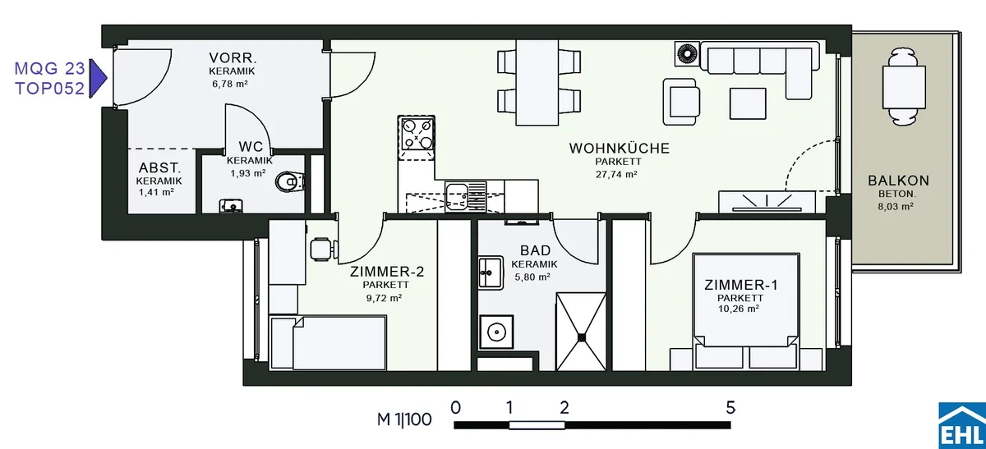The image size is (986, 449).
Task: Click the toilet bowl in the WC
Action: (x=290, y=181)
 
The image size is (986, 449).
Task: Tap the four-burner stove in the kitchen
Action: (x=416, y=135)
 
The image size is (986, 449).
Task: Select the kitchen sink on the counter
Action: (x=465, y=196)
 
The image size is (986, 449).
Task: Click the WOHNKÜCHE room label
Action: (x=620, y=149)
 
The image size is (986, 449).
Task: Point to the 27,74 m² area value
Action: (x=616, y=174)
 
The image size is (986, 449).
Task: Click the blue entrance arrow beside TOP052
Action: (x=98, y=78)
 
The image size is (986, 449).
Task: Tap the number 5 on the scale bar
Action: (x=730, y=408)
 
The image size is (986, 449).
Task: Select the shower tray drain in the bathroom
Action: (x=582, y=337)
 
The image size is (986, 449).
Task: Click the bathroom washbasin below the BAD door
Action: (x=491, y=273)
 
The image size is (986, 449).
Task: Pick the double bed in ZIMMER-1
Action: (x=746, y=311)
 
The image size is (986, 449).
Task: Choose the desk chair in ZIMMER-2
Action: (x=324, y=250)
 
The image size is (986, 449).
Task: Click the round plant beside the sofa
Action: (x=687, y=54)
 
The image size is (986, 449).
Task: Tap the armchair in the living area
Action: (x=681, y=102)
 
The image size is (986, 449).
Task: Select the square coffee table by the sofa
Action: (x=748, y=103)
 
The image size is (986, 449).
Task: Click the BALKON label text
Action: (x=898, y=181)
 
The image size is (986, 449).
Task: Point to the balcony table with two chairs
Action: (x=904, y=87)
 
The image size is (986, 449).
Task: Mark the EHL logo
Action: (x=962, y=426)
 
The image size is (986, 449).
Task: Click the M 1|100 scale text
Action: (x=404, y=419)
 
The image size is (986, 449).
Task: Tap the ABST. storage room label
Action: (x=159, y=167)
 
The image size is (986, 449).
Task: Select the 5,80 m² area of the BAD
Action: (x=532, y=277)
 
